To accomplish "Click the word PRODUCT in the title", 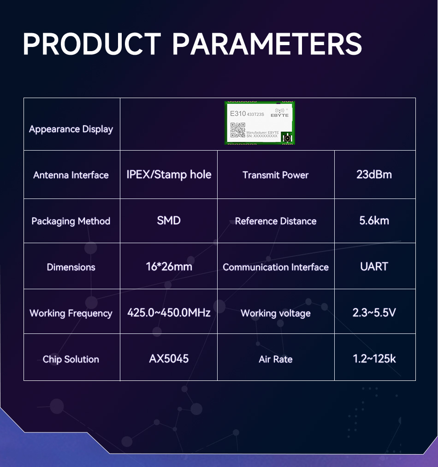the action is (92, 44).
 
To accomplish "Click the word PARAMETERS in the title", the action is (267, 44).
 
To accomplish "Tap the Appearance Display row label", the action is (71, 129).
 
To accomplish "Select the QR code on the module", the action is (237, 130).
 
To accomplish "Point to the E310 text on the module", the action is (238, 113).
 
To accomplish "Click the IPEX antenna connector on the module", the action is (287, 138).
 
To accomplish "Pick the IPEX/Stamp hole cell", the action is (169, 175).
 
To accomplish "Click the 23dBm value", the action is (374, 175).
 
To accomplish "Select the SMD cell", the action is (169, 221).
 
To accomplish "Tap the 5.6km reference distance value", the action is (374, 221).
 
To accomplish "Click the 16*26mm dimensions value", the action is (169, 267).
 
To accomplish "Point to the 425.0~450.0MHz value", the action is (169, 313).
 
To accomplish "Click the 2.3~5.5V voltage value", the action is (374, 313).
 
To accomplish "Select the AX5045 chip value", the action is (169, 359).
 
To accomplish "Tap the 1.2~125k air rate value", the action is (374, 359).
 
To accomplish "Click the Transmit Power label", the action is (276, 175).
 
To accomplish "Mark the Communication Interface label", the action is (276, 267).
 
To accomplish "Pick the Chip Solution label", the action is (71, 360).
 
